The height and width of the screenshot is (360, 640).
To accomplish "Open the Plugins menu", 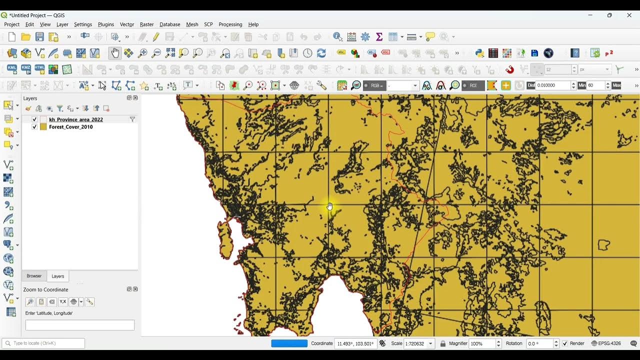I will (105, 24).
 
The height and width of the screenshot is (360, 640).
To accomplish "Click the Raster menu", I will (146, 24).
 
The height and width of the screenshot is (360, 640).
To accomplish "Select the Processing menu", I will (230, 24).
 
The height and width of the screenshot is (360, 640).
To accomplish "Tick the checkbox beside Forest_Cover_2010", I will (34, 127).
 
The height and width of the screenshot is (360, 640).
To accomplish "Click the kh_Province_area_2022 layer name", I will (75, 119).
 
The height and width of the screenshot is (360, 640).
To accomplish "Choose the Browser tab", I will (34, 276).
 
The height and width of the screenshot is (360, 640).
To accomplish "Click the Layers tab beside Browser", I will (58, 276).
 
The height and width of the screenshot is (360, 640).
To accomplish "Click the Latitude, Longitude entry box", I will (80, 325).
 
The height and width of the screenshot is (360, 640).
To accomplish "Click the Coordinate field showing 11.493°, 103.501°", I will (355, 343).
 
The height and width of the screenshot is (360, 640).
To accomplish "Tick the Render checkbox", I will (565, 343).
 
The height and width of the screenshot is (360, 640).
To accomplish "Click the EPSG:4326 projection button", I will (606, 343).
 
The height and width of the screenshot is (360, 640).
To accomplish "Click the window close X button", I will (629, 15).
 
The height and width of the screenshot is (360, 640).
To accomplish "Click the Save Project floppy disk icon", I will (39, 37).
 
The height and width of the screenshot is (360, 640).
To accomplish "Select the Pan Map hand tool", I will (115, 53).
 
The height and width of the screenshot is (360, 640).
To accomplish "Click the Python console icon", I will (479, 53).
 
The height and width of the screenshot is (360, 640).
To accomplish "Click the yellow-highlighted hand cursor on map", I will (330, 206).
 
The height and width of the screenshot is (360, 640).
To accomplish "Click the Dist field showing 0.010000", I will (552, 85).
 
